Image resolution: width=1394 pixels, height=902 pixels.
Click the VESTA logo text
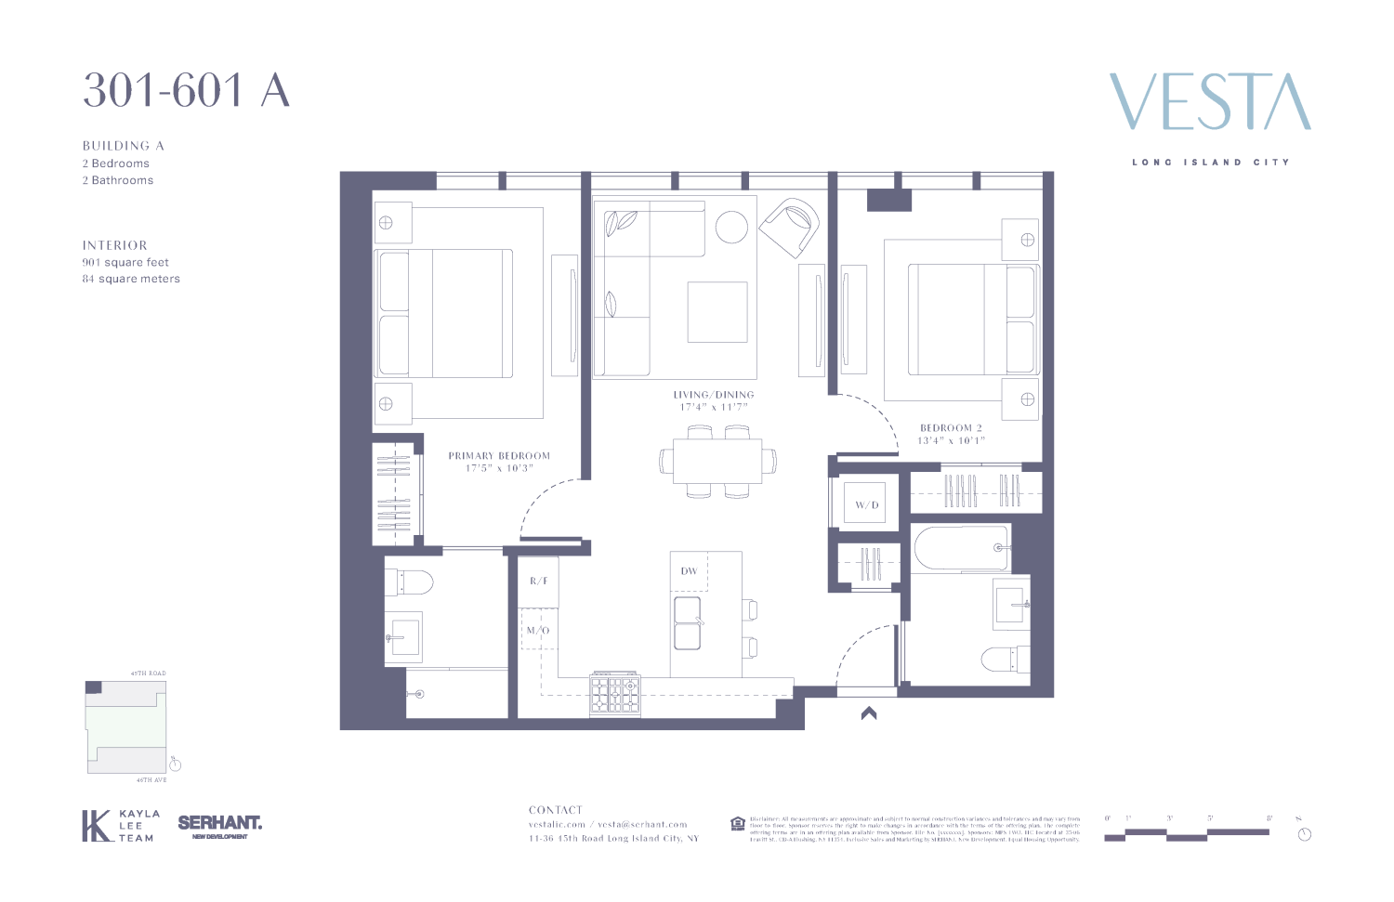pos(1210,102)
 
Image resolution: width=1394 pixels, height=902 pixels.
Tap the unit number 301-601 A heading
pos(186,91)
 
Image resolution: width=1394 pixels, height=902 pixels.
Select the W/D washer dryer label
pos(866,505)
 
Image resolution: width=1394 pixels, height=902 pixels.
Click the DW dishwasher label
pos(689,571)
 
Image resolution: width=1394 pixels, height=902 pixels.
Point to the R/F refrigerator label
pos(539,581)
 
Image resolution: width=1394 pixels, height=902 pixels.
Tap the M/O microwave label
pos(538,631)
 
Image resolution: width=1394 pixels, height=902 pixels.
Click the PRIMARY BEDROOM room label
pos(499,456)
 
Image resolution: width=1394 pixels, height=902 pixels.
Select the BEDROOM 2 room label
pos(951,428)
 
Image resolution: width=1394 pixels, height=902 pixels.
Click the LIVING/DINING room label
pos(714,395)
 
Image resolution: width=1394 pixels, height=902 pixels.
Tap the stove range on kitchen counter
pos(615,694)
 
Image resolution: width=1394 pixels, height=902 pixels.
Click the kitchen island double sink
pos(688,622)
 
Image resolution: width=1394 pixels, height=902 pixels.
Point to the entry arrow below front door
pos(869,713)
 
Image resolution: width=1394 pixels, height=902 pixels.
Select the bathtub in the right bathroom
pos(961,548)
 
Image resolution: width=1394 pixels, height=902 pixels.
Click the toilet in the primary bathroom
pos(409,582)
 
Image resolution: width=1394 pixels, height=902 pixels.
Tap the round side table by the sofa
pos(731,227)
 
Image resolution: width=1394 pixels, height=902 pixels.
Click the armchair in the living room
pos(790,227)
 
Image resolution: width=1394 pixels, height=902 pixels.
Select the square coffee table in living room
pos(717,312)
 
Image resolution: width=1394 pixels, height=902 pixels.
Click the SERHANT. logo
pos(220,824)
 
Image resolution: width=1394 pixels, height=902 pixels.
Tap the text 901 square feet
pos(125,262)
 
